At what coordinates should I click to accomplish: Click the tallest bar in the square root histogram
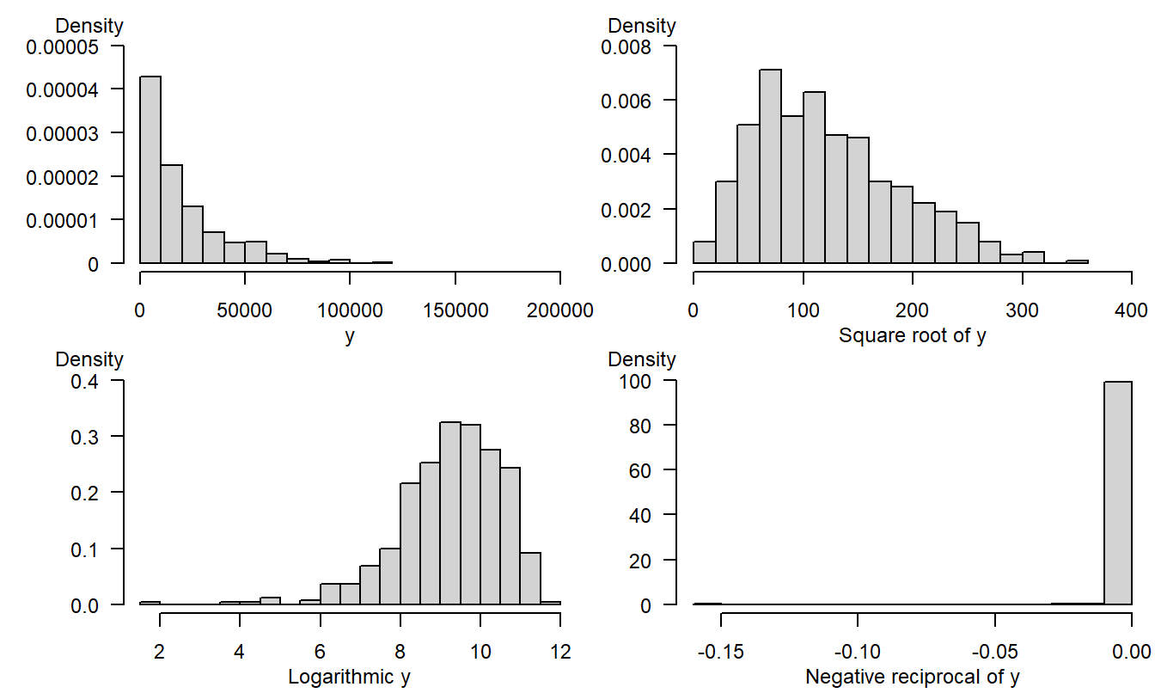click(x=770, y=167)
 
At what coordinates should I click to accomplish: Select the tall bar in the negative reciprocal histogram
click(x=1118, y=494)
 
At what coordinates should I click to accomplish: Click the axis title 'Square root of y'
click(x=912, y=335)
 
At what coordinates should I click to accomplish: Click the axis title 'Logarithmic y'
click(x=349, y=678)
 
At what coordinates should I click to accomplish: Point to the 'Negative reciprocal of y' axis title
click(x=912, y=678)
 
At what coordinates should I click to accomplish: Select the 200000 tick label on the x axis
click(x=559, y=310)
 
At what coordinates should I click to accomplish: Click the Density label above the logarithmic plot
click(x=89, y=359)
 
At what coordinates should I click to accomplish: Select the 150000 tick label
click(x=455, y=310)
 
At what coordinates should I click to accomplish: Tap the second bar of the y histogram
click(x=171, y=214)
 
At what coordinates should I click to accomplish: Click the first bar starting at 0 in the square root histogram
click(x=704, y=253)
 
